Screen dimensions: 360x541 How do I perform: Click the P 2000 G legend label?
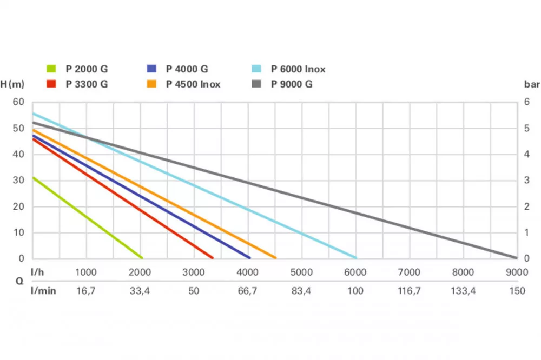pos(87,69)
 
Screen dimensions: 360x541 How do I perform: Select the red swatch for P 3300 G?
pos(51,84)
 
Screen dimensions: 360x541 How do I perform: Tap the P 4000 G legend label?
pos(187,69)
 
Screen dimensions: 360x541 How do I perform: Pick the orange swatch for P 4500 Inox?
pos(152,84)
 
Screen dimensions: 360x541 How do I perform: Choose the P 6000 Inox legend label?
pos(298,69)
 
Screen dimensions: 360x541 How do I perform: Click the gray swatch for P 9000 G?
pos(256,84)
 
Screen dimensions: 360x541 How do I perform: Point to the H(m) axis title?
pos(12,84)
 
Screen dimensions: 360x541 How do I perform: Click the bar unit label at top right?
pos(529,84)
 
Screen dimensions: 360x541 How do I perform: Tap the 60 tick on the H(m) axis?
pos(19,102)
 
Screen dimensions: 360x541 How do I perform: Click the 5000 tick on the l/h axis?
pos(301,272)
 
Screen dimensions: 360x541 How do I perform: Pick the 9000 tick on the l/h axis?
pos(517,272)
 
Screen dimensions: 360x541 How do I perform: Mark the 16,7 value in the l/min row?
pos(85,291)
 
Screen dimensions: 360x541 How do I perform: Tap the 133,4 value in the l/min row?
pos(463,291)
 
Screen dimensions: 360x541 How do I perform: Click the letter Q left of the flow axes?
pos(19,281)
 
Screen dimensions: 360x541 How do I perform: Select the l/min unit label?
pos(43,291)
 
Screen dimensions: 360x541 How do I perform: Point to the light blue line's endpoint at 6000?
pos(356,258)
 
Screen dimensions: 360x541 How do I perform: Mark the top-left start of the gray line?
pos(34,122)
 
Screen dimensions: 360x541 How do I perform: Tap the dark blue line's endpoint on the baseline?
pos(249,258)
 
